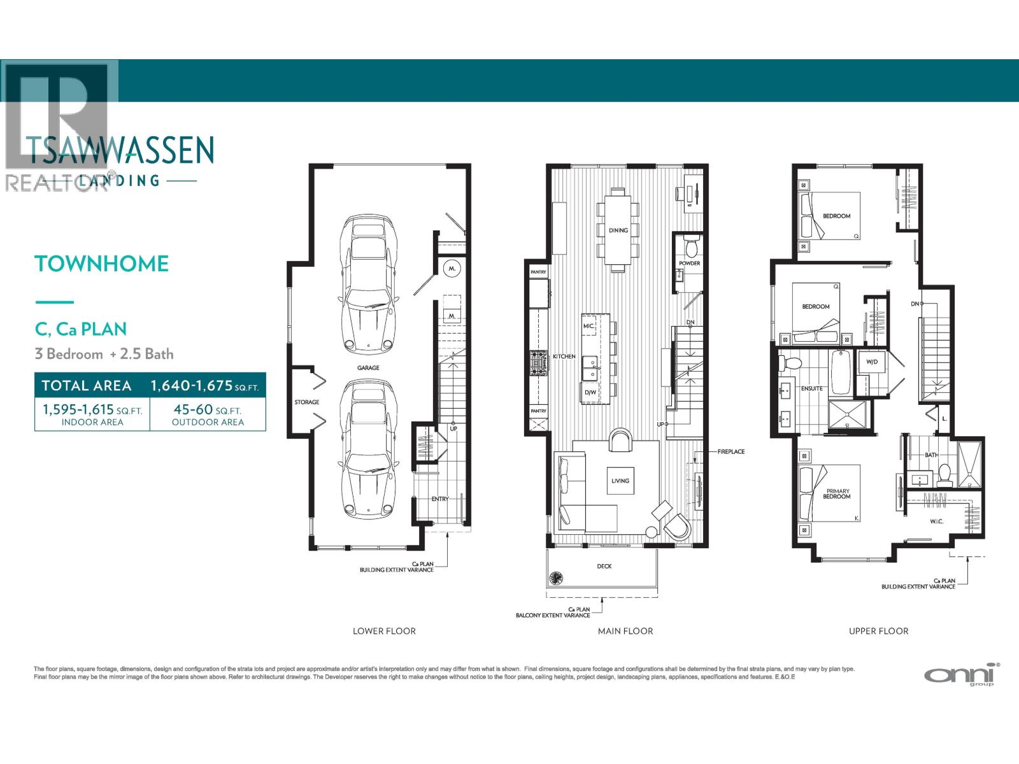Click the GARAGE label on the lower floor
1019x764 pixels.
click(368, 368)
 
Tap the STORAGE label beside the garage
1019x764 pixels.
click(307, 402)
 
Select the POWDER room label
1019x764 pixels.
click(689, 264)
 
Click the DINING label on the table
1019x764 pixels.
click(618, 230)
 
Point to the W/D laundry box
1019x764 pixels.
click(872, 362)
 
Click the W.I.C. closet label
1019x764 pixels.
click(936, 522)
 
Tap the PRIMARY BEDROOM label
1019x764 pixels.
click(837, 493)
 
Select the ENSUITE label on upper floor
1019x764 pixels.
click(811, 388)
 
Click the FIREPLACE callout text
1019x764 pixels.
click(730, 451)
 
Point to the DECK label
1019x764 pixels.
click(604, 566)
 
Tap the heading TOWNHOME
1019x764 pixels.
click(102, 264)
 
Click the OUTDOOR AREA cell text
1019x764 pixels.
click(208, 422)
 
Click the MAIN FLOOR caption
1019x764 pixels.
click(625, 631)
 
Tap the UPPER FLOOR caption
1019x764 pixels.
click(878, 631)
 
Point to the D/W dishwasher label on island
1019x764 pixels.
click(590, 393)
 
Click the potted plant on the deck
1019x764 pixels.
click(556, 577)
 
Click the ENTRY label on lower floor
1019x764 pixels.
click(439, 499)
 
